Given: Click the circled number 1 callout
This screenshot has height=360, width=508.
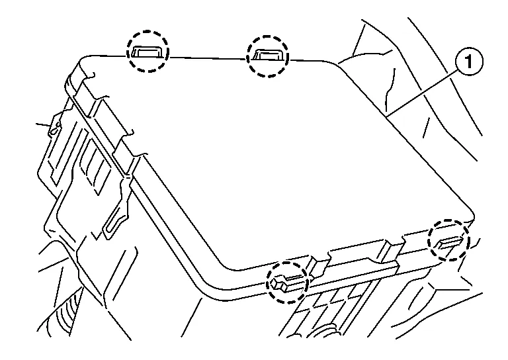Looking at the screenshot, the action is coord(469,62).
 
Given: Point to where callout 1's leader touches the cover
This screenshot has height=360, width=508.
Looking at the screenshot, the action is coord(387,115).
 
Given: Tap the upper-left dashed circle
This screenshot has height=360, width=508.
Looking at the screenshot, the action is coord(148,51).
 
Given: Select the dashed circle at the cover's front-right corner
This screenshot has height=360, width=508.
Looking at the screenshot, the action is coord(448,240).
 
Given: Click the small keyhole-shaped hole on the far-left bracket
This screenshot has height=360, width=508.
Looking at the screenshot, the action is coord(54,129).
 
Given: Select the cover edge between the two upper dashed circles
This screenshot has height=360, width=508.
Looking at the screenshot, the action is coord(208,58).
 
